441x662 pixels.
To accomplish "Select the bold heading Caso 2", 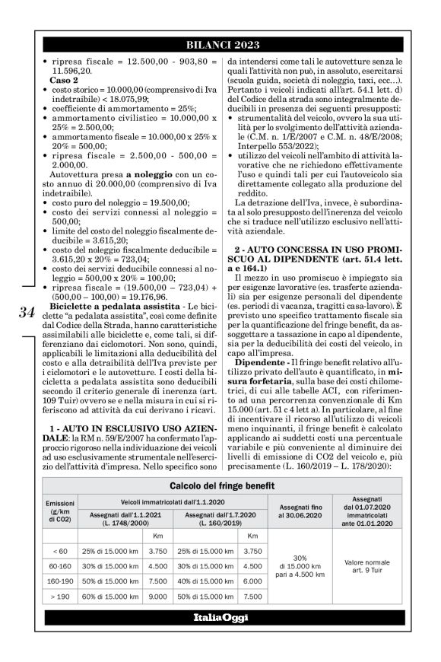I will pyautogui.click(x=62, y=79).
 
